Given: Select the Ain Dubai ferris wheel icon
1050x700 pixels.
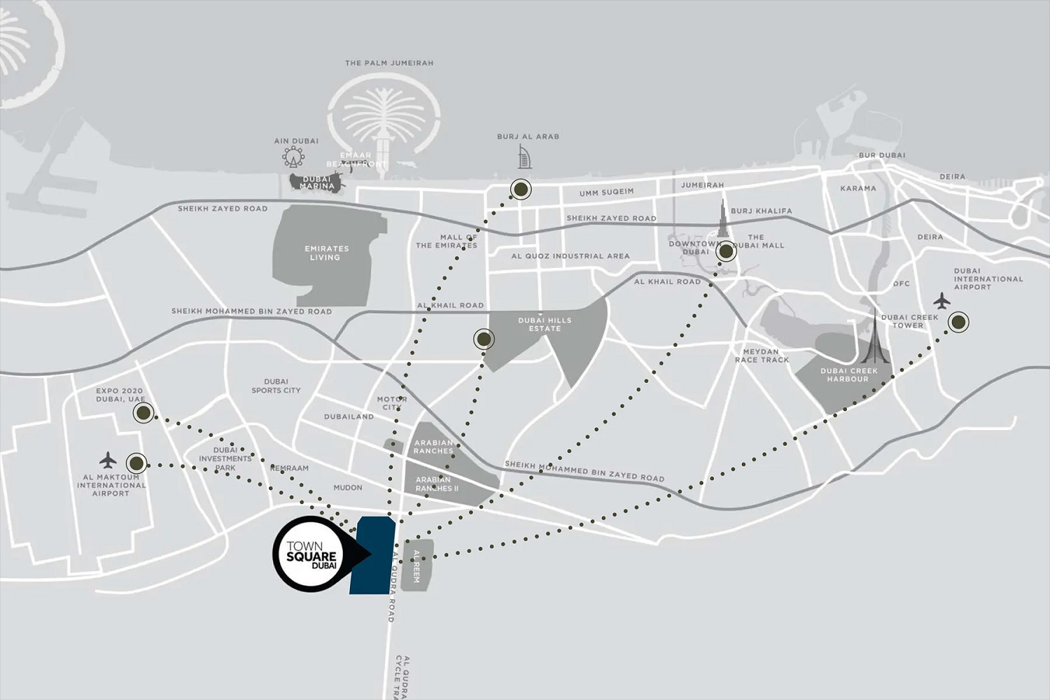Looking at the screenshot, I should (293, 155).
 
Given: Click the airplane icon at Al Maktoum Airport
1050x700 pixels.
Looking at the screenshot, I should (107, 460).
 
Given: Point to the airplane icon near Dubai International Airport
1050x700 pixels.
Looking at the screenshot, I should (941, 302).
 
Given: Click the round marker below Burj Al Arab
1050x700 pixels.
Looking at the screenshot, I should (520, 189).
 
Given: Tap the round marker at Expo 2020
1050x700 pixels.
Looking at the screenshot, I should (143, 413).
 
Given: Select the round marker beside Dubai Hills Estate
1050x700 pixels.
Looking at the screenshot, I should (484, 339).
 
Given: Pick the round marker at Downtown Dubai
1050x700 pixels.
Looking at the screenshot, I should (726, 251).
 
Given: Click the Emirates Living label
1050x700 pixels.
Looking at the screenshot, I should (326, 253).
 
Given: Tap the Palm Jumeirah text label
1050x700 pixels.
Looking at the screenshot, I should (389, 63).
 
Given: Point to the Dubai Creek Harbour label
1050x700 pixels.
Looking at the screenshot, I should (848, 374).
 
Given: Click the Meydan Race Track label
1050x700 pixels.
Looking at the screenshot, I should (762, 356).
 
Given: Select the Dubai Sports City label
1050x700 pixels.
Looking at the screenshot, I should (276, 386).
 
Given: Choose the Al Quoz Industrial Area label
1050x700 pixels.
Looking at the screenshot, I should (570, 256).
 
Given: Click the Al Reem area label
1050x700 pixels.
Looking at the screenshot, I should (418, 566).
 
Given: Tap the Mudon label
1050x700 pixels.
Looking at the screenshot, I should (348, 487).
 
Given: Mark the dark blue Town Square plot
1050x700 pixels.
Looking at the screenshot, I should (372, 556).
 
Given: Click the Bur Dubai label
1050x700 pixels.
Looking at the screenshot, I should (881, 155).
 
